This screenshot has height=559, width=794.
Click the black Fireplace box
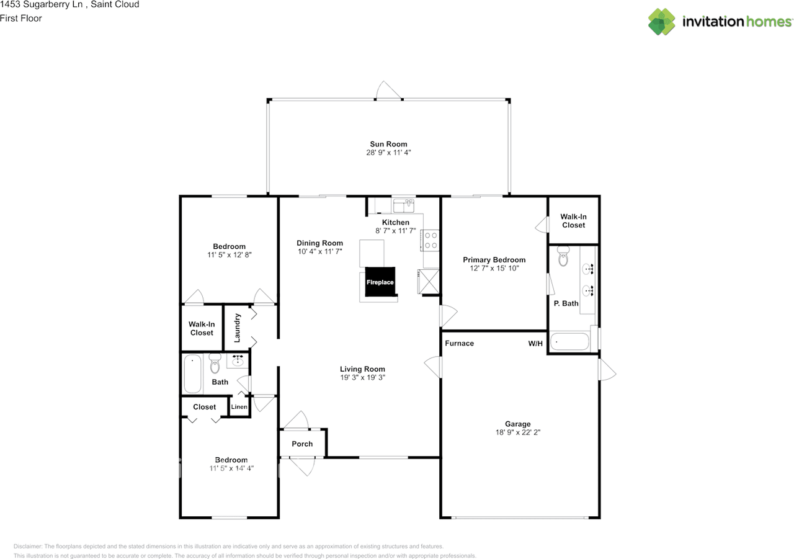coord(380,282)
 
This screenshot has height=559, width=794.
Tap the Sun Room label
coord(388,144)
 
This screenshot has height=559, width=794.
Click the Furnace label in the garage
coord(459,343)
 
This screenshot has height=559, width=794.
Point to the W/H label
coord(535,343)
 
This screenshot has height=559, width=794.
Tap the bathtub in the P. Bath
coord(569,342)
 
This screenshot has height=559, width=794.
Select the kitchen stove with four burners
coord(430,240)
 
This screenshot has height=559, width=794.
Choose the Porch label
coord(302,444)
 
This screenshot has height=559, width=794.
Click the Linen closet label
coord(239,407)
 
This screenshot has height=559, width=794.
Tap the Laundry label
coord(237,327)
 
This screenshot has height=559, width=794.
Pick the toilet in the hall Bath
coord(215,362)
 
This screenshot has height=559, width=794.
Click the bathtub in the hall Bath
coord(192,373)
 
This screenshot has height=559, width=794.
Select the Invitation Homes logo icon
coord(662,22)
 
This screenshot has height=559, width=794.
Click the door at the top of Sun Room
coord(389,92)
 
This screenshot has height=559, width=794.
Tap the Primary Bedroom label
coord(494,260)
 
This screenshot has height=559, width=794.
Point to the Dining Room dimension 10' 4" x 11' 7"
coord(319,251)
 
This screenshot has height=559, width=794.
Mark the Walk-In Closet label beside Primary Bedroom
coord(573,221)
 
